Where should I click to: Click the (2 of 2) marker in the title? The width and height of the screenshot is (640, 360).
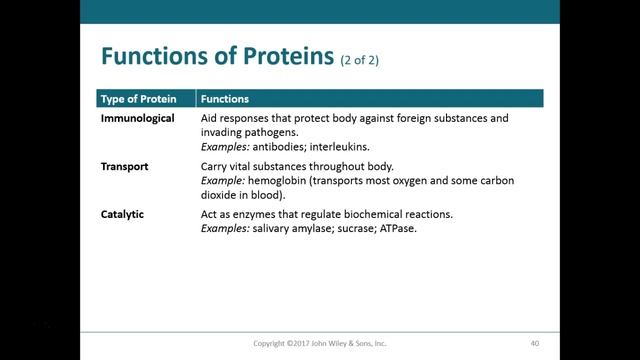358,60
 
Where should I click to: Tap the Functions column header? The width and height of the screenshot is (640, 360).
225,99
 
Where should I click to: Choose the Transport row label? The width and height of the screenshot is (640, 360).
125,166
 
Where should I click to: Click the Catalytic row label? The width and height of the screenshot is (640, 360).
124,214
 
